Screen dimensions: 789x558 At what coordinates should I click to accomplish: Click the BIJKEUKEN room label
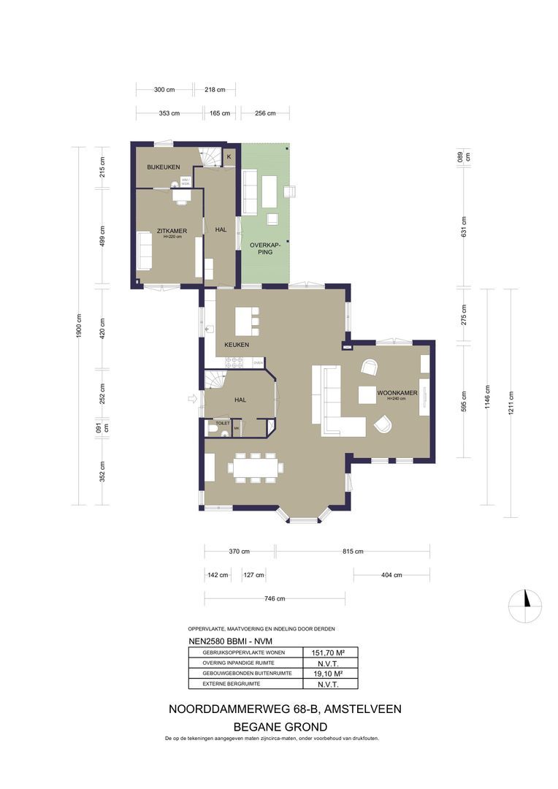tap(163, 167)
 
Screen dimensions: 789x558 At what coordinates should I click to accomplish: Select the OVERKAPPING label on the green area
tap(260, 248)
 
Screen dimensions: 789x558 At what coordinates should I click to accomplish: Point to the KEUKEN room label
tap(237, 345)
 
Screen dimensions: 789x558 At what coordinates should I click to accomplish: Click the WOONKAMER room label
tap(397, 393)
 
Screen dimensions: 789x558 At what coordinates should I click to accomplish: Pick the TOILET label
tap(221, 423)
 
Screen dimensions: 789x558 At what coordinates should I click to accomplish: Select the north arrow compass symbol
tap(525, 603)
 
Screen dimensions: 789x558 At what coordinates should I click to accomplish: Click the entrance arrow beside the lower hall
tap(193, 398)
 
